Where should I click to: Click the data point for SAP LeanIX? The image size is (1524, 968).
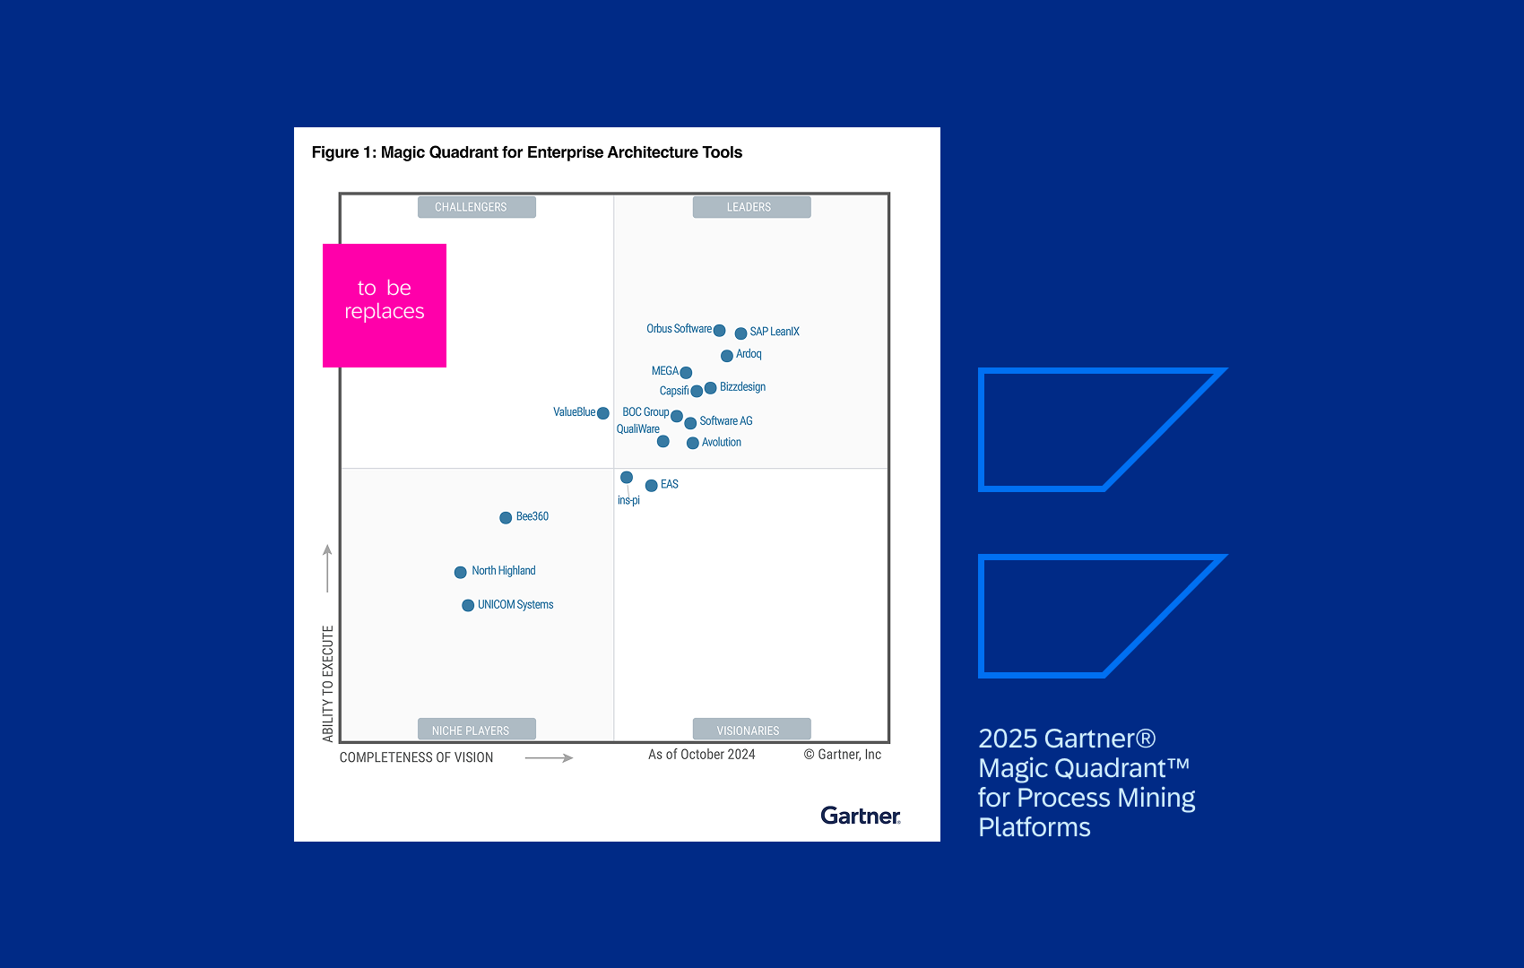click(740, 333)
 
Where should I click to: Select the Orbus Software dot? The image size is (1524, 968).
click(719, 331)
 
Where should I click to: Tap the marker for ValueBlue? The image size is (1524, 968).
click(603, 413)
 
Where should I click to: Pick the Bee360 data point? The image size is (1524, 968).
click(506, 518)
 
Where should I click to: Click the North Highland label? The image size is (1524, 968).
click(503, 571)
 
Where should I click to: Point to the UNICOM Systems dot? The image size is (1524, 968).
click(468, 606)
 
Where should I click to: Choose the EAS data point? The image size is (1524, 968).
click(652, 486)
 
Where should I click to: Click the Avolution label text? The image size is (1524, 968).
click(721, 443)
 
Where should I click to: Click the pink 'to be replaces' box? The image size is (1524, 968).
click(385, 306)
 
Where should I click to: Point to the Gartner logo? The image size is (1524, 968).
click(860, 816)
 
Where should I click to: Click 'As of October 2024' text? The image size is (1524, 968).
click(701, 755)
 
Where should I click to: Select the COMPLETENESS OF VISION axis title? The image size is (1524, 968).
click(416, 757)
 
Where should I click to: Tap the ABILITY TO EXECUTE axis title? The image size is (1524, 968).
click(328, 683)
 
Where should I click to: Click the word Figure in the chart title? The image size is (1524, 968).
click(335, 152)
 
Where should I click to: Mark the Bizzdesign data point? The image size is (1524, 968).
click(710, 388)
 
